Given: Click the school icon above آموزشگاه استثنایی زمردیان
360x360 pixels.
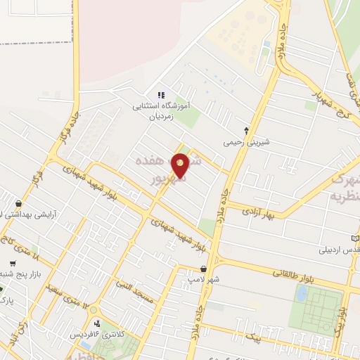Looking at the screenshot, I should point(160,95).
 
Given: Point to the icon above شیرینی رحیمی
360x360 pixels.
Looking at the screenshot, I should point(246,130).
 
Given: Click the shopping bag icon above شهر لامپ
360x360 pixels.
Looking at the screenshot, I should point(203,269).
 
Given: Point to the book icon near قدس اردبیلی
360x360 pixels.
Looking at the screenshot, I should point(356,238).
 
